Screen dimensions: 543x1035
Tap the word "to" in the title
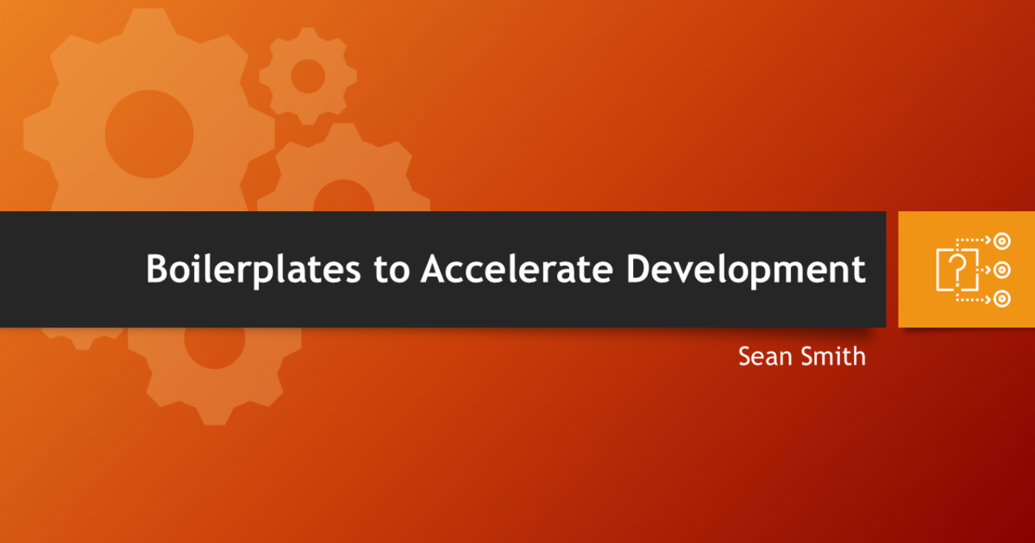pyautogui.click(x=392, y=269)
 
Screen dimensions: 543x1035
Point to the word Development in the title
pyautogui.click(x=745, y=269)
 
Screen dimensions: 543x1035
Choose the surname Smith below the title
pyautogui.click(x=832, y=356)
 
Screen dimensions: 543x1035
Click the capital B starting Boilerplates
pyautogui.click(x=157, y=269)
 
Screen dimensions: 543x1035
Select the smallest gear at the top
pyautogui.click(x=308, y=77)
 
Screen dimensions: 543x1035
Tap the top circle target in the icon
pyautogui.click(x=1001, y=241)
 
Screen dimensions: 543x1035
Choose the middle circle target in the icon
pyautogui.click(x=1001, y=270)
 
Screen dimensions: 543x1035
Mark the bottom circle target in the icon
pyautogui.click(x=1001, y=298)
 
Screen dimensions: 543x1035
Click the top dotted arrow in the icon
pyautogui.click(x=975, y=241)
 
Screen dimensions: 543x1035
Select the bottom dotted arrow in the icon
pyautogui.click(x=975, y=298)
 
